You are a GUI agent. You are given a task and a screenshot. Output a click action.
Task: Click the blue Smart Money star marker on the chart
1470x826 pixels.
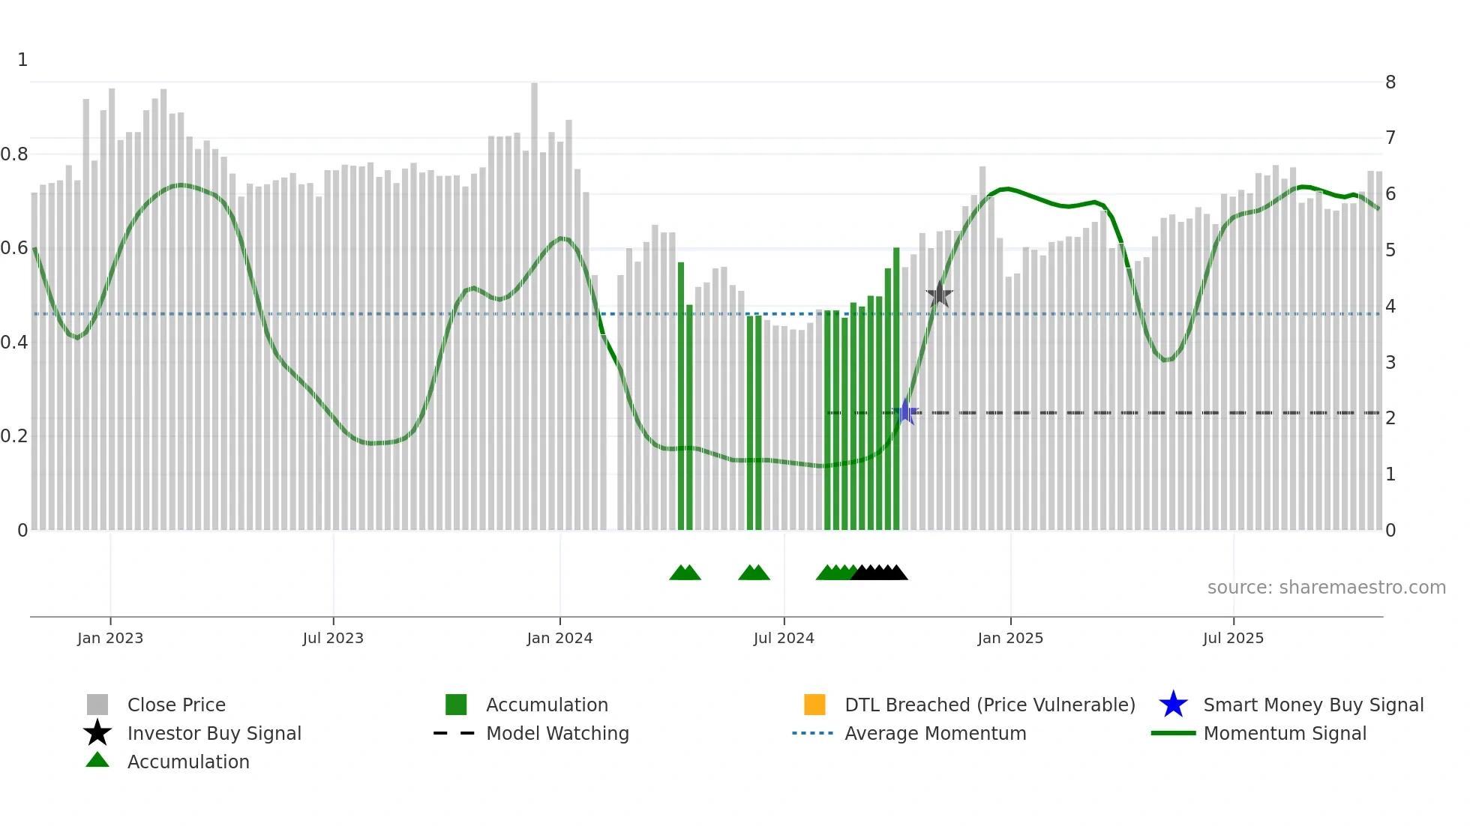[906, 412]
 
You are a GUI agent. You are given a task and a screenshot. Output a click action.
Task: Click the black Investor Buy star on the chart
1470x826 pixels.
[939, 295]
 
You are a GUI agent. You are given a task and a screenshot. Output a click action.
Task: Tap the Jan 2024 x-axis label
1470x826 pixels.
[559, 638]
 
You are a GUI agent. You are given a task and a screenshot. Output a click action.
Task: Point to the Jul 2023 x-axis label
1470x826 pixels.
[333, 638]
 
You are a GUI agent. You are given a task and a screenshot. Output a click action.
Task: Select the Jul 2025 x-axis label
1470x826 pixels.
[1233, 638]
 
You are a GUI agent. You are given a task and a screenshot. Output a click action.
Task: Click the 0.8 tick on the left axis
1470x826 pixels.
[14, 154]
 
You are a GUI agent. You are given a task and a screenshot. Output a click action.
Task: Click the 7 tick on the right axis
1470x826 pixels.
[1390, 138]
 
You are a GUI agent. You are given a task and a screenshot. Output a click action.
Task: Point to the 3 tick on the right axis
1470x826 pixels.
[1390, 363]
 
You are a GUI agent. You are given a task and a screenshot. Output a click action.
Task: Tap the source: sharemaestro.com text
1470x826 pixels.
[1326, 588]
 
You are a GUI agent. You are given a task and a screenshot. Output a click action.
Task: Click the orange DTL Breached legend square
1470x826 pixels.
[814, 705]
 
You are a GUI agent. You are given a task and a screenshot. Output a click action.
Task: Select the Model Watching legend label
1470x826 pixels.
[557, 733]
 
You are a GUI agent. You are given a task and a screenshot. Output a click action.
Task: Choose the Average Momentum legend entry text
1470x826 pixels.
[934, 733]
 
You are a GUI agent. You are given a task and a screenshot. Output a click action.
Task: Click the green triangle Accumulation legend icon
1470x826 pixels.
[97, 760]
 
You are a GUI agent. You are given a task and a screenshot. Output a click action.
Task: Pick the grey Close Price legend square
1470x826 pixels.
[97, 705]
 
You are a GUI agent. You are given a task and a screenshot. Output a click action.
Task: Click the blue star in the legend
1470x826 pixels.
[1173, 705]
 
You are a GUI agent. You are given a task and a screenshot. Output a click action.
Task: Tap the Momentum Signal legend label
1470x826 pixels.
[1284, 733]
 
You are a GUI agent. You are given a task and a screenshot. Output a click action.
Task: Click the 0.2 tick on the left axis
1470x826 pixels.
[14, 436]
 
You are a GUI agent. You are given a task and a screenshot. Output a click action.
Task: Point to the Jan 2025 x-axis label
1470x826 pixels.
[1009, 638]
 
